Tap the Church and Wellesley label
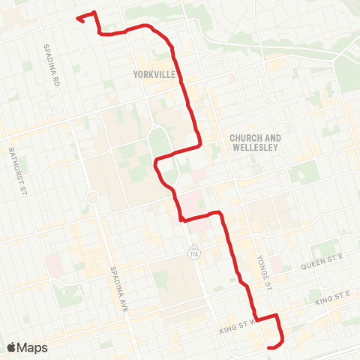pos(255,142)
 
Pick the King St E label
pos(332,298)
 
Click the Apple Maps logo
pos(27,347)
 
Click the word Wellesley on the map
pos(255,148)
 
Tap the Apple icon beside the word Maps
pos(11,347)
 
